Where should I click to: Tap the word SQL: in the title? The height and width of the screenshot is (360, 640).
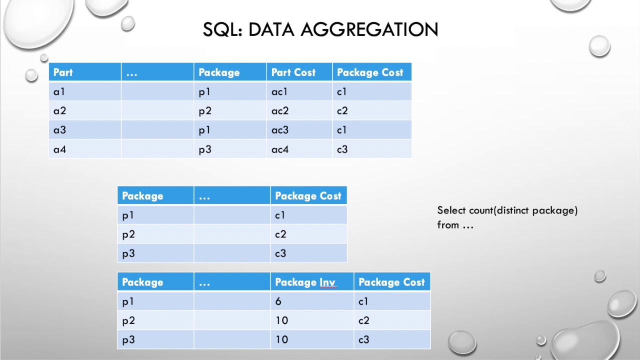point(222,29)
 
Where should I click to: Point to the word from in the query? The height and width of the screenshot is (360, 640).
point(448,225)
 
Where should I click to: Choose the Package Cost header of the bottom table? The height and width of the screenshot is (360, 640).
point(391,282)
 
